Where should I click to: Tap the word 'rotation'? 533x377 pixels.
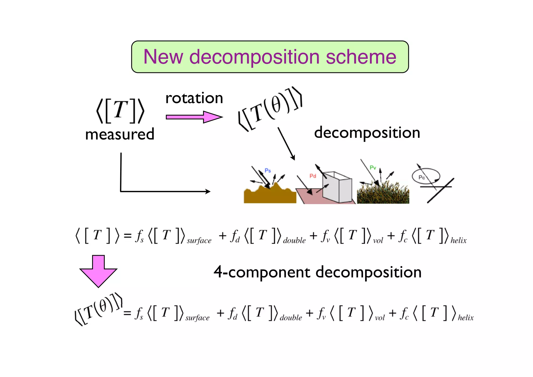click(194, 98)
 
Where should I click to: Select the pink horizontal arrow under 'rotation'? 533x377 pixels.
click(194, 117)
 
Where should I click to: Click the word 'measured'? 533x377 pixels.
click(120, 134)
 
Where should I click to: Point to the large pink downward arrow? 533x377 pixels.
click(98, 272)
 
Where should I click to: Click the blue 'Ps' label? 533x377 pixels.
click(268, 171)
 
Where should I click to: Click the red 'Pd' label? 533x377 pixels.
click(313, 176)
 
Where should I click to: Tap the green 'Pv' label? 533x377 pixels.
click(373, 168)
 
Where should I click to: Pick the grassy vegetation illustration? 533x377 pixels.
click(383, 194)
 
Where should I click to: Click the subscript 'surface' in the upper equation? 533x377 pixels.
click(199, 241)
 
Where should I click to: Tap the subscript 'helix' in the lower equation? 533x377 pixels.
click(466, 318)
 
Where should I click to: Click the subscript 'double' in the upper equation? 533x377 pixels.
click(294, 240)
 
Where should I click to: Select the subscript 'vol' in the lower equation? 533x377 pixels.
click(380, 318)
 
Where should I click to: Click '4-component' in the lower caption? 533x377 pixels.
click(262, 272)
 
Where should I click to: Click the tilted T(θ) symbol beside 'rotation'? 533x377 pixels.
click(271, 109)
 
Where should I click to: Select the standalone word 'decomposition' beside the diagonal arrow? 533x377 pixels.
click(367, 133)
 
